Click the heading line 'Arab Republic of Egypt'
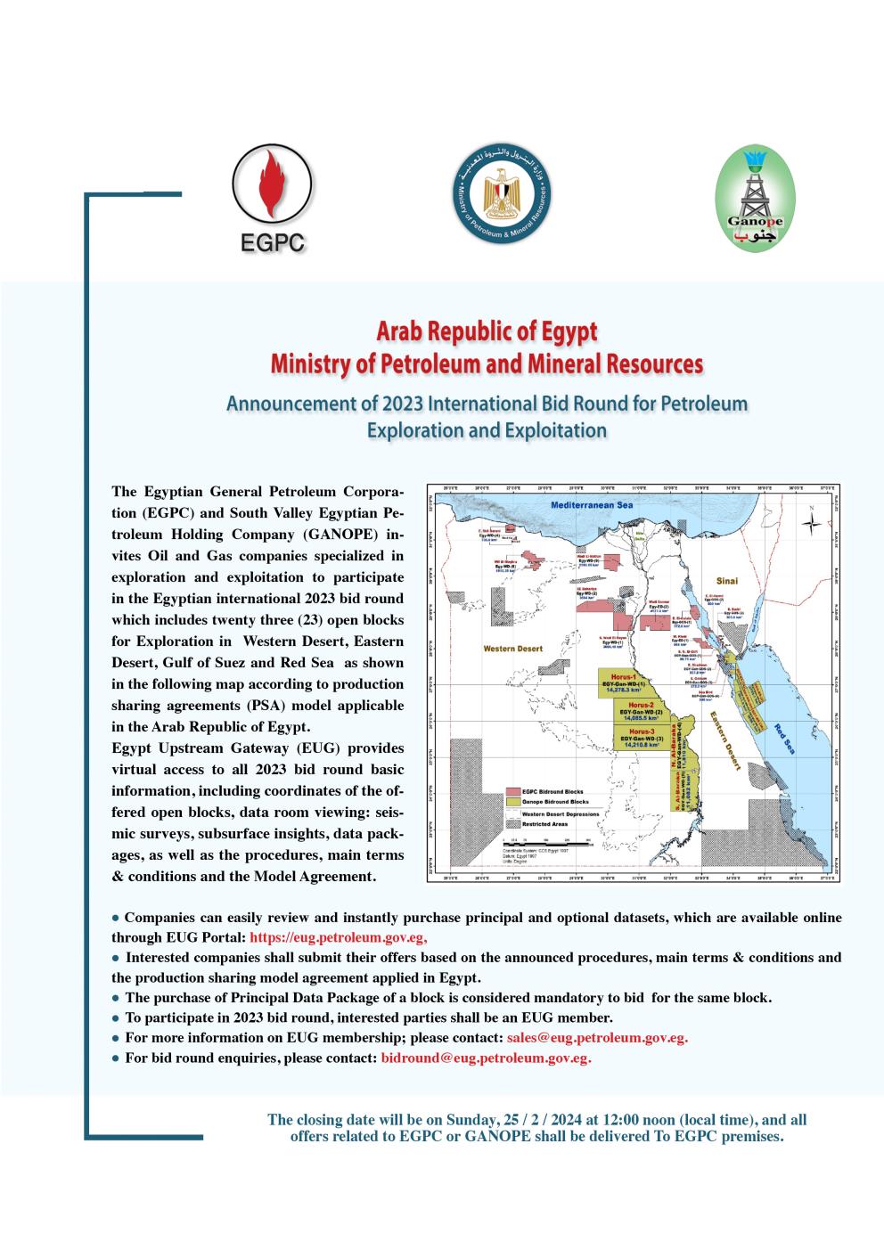487,332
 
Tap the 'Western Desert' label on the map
512,649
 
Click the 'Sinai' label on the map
727,579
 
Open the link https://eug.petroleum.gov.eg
339,937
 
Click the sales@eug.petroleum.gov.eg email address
597,1038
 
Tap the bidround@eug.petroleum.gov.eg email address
486,1058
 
